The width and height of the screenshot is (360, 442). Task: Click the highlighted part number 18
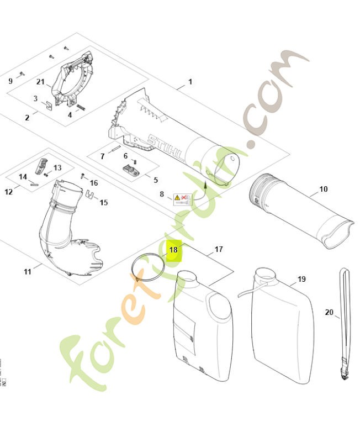(173, 250)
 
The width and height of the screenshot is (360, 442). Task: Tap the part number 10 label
(323, 189)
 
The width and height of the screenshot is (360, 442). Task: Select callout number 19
(301, 279)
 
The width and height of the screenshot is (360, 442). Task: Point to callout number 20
(329, 312)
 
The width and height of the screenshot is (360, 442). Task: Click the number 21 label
(40, 82)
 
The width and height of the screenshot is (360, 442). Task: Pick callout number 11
(28, 271)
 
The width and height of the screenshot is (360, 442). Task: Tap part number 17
(219, 250)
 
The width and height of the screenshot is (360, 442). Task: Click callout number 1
(190, 82)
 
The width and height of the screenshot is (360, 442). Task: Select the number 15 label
(104, 203)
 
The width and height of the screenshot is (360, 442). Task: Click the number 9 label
(10, 81)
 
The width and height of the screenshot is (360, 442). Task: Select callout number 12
(8, 192)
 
